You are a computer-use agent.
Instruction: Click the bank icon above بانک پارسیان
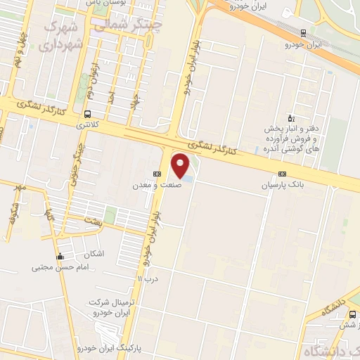pos(282,174)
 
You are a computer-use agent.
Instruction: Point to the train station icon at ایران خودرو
pos(303,32)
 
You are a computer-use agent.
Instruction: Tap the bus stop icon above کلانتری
pos(87,114)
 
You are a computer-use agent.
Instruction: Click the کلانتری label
pos(87,125)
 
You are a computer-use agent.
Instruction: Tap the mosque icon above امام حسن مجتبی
pos(61,256)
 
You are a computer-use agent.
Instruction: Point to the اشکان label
pos(93,253)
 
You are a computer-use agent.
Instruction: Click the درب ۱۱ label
pos(148,280)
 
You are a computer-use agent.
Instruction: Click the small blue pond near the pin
pos(190,179)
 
